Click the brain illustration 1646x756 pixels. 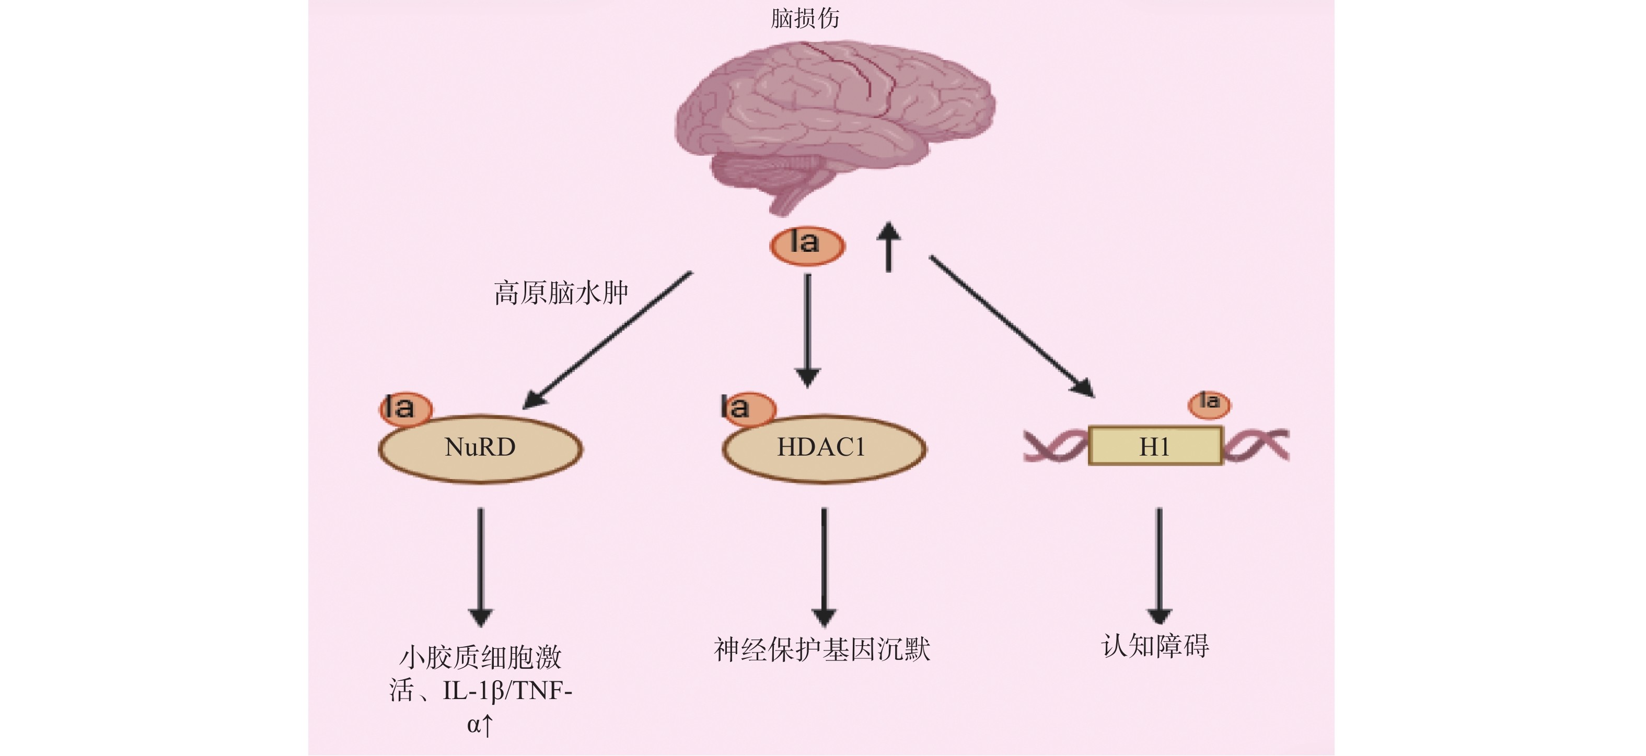[x=834, y=121]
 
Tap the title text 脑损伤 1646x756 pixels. [x=805, y=18]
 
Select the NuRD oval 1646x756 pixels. [x=481, y=448]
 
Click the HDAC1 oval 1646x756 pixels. [x=824, y=448]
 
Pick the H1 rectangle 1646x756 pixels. [x=1155, y=446]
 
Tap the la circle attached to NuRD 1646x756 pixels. [x=405, y=408]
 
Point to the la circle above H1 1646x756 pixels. [x=1209, y=404]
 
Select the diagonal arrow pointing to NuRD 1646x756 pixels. [x=608, y=339]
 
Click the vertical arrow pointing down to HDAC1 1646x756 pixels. [x=808, y=329]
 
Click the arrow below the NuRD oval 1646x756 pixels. [x=481, y=565]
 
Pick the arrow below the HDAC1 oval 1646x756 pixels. [x=824, y=565]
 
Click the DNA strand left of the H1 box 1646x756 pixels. [x=1054, y=446]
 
